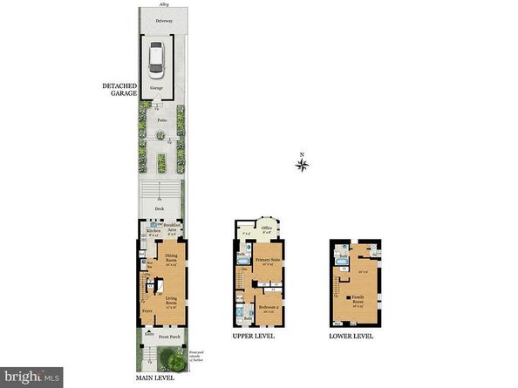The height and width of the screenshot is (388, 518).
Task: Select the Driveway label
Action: coord(159,18)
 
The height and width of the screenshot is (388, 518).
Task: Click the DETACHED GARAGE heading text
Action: coord(119,89)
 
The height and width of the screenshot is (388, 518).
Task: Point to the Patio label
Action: coord(160,111)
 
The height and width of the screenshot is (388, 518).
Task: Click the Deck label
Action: coord(160,209)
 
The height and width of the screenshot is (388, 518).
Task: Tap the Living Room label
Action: coord(166,303)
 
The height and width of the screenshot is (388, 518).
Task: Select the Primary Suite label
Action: coord(267,260)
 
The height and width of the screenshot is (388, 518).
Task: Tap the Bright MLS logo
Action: coord(31,376)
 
